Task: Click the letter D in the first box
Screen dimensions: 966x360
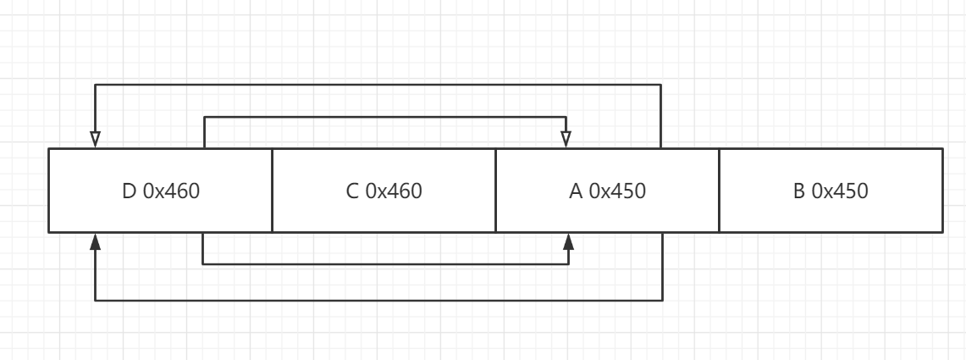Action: click(130, 191)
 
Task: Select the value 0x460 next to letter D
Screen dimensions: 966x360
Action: click(171, 191)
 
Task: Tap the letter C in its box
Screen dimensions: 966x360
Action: click(352, 191)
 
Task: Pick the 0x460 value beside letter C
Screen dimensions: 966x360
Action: click(394, 191)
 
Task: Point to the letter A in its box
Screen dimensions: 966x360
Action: click(576, 191)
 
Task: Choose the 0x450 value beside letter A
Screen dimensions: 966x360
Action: click(617, 191)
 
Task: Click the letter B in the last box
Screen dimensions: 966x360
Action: click(799, 191)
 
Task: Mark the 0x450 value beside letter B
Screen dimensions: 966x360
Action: click(840, 191)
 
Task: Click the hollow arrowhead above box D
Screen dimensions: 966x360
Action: click(95, 139)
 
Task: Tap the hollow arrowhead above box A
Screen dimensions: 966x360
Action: click(566, 139)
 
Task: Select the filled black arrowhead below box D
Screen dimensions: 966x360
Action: click(95, 241)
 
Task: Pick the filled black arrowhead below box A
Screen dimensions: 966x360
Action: click(569, 241)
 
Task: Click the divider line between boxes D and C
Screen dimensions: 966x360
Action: click(273, 191)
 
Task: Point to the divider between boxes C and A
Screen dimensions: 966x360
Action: click(496, 191)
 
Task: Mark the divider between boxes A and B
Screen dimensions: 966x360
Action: click(719, 191)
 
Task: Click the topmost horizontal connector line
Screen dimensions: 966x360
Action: click(378, 85)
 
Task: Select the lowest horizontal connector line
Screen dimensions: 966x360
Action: click(379, 300)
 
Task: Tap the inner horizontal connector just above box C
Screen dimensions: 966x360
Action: click(385, 117)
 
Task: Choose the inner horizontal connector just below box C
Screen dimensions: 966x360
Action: click(386, 264)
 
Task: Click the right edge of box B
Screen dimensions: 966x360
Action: click(942, 191)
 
